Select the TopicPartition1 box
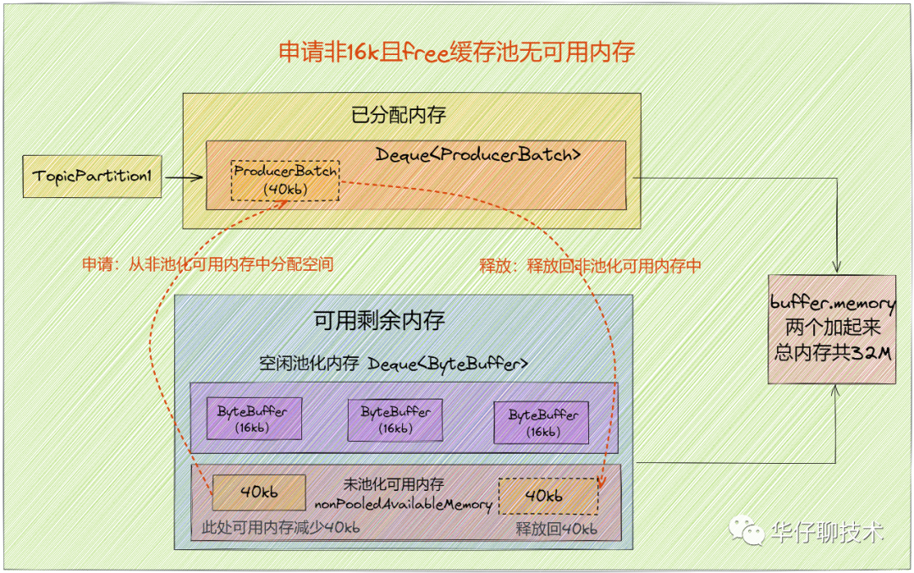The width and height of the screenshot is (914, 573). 92,177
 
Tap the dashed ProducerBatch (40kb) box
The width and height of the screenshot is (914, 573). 285,180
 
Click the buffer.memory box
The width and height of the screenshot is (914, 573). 832,328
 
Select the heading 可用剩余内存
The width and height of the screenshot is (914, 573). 379,321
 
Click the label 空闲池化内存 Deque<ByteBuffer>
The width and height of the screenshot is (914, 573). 394,363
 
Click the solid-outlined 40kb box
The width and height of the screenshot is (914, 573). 259,492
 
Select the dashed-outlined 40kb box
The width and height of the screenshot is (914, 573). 548,496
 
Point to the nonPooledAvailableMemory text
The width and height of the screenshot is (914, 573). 404,504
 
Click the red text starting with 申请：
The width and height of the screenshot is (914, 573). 207,265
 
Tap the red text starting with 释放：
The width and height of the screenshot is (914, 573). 591,266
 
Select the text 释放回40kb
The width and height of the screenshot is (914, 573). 557,529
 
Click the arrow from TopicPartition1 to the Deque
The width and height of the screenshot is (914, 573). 183,178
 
